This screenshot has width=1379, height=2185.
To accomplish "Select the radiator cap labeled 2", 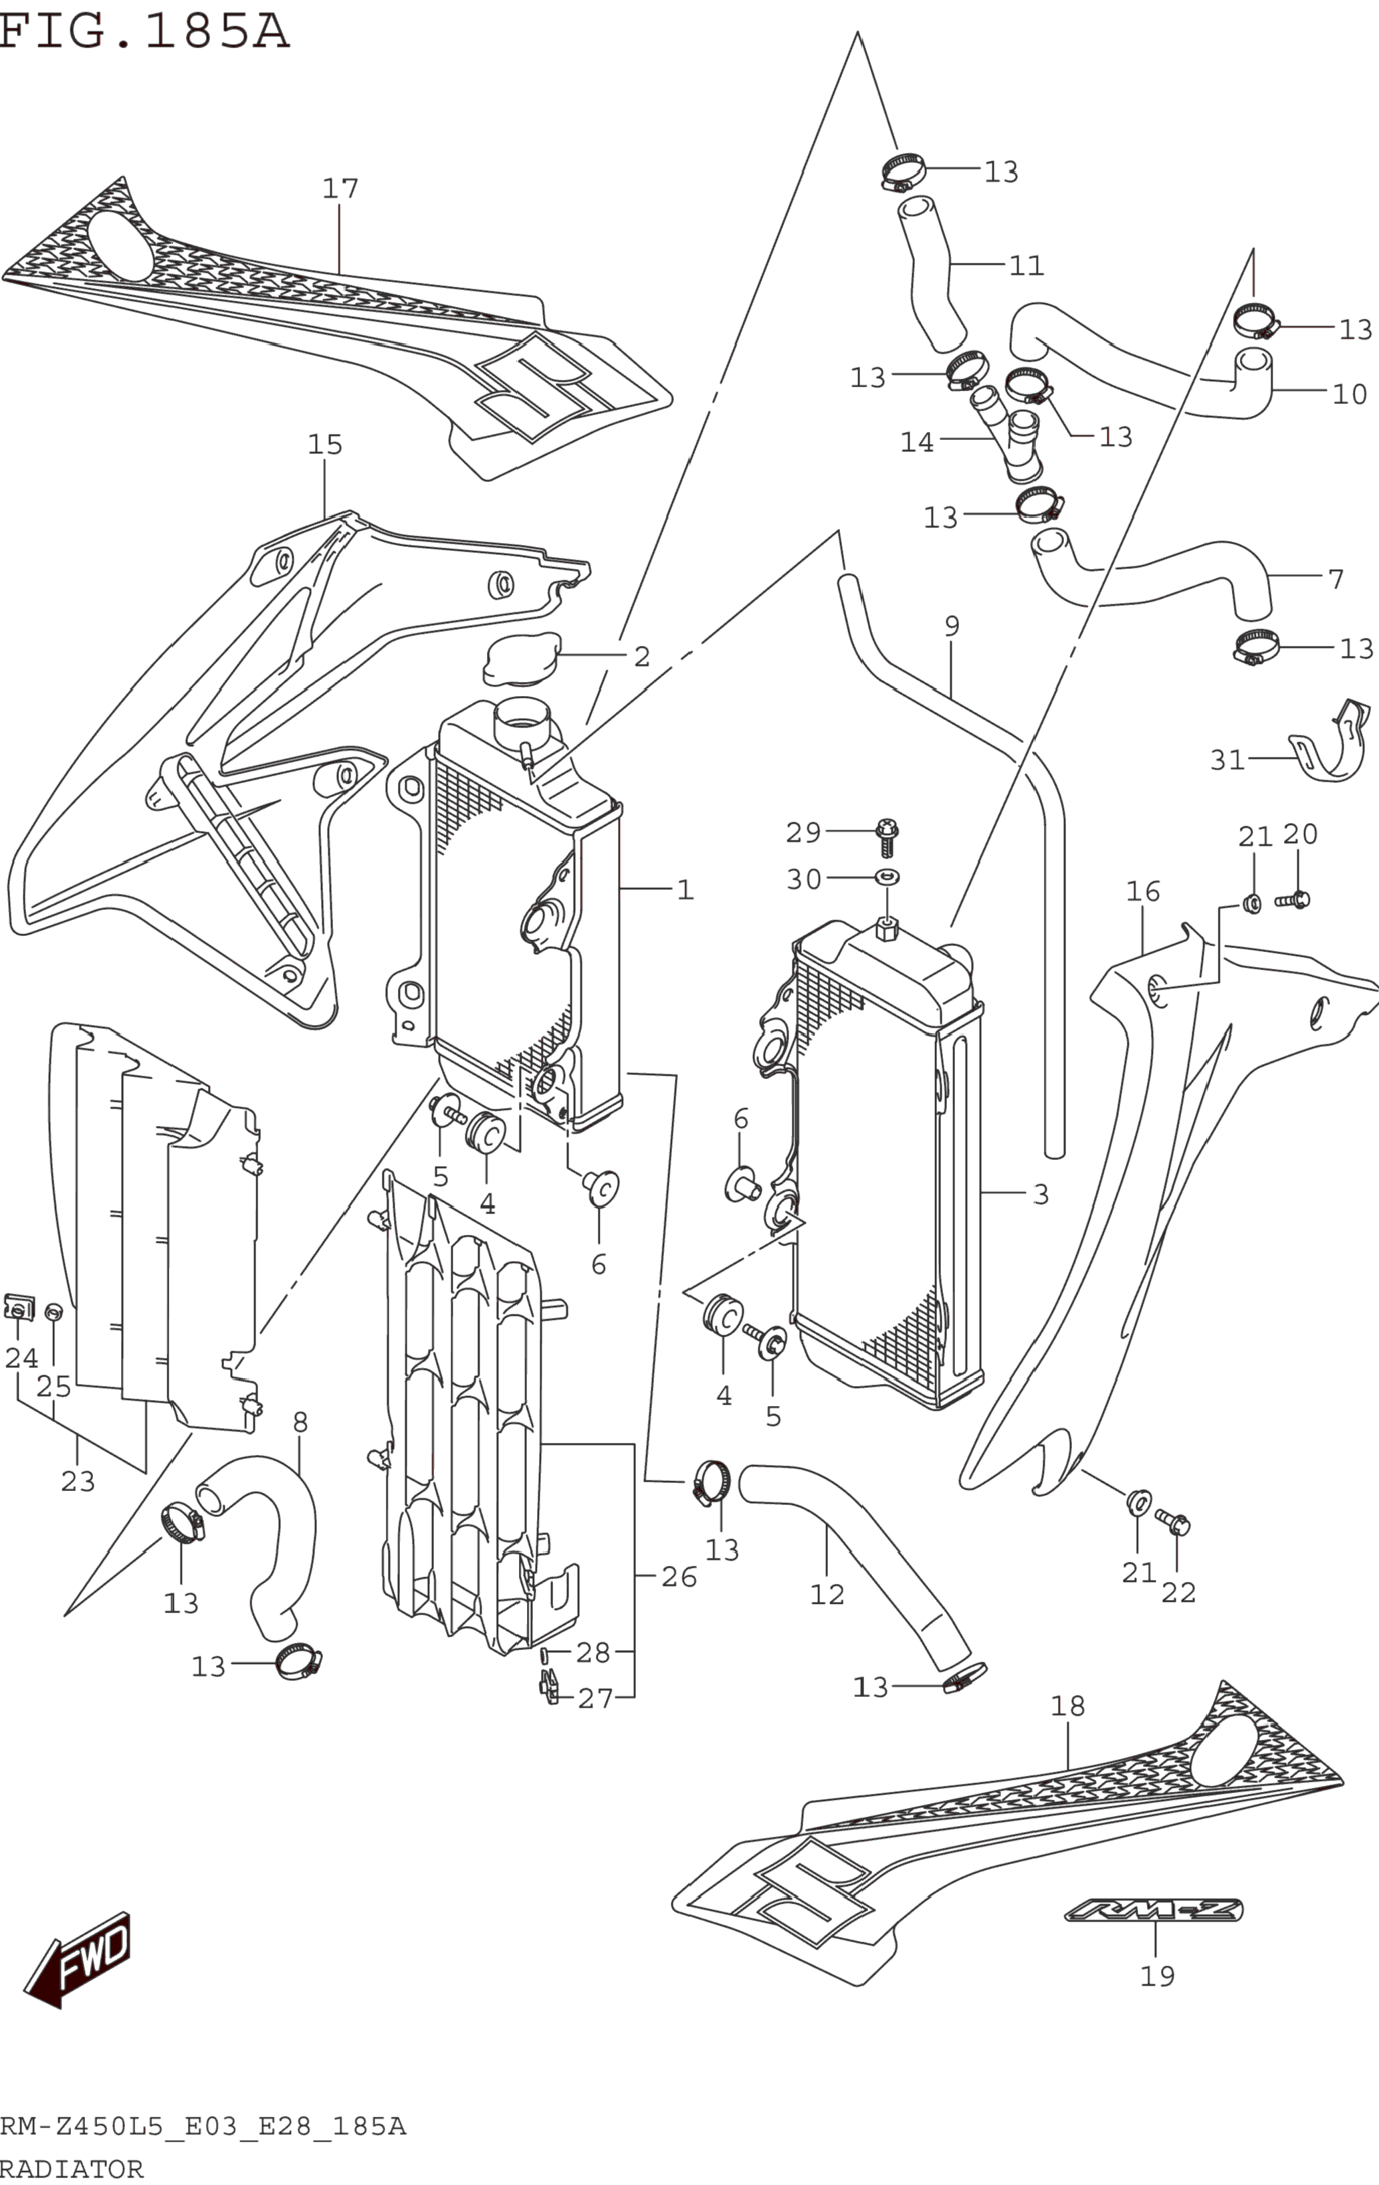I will (521, 660).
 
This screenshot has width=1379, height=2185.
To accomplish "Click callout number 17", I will (340, 189).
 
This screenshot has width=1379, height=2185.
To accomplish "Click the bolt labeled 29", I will (887, 836).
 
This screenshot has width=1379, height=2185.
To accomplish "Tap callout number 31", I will (1227, 759).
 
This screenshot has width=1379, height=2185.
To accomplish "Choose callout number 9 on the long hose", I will (952, 625).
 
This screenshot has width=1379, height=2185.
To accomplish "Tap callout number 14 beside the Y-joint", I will (917, 442).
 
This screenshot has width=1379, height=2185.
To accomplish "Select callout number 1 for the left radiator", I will (685, 889).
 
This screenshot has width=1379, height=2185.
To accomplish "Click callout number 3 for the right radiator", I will (1041, 1194).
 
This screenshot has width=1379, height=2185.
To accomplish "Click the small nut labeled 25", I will (54, 1311).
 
